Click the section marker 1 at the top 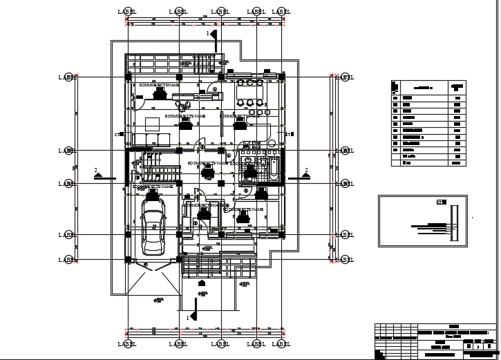pos(214,34)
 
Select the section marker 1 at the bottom pos(193,316)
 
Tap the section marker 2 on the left pos(100,174)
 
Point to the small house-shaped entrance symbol pos(201,283)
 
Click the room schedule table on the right pos(428,122)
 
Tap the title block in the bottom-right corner pos(435,340)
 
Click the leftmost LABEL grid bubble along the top pos(128,12)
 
